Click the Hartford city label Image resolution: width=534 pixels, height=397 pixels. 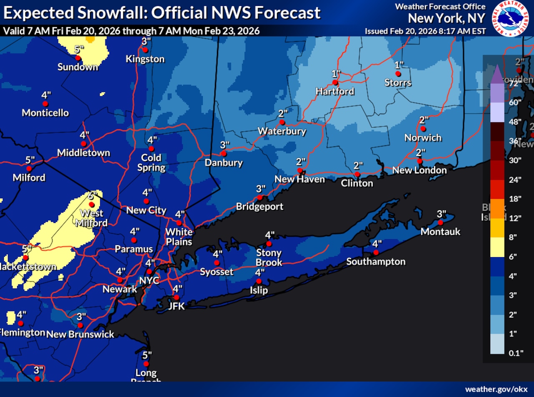click(x=335, y=91)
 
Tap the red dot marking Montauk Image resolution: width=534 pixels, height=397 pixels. click(x=440, y=223)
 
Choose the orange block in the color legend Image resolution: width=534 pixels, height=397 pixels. click(x=494, y=209)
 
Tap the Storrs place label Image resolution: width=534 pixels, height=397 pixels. click(x=398, y=83)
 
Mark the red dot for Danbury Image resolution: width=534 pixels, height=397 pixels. click(x=224, y=154)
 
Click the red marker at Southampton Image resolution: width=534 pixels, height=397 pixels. click(x=376, y=253)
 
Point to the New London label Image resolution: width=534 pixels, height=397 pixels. click(x=419, y=170)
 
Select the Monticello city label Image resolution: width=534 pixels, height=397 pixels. click(x=45, y=113)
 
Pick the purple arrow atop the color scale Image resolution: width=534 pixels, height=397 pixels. click(x=494, y=74)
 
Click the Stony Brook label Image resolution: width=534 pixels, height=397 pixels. click(x=269, y=258)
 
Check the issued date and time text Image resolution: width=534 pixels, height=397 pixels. click(x=425, y=31)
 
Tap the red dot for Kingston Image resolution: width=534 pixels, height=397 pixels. click(x=145, y=50)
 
